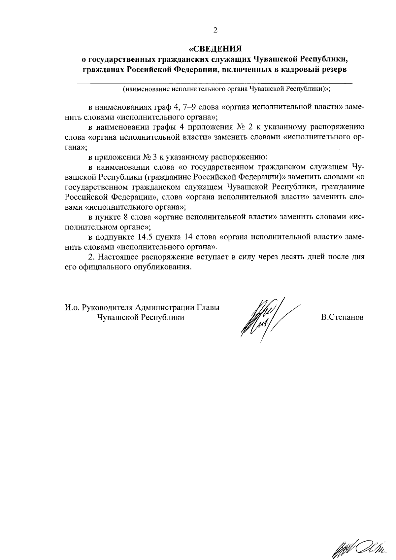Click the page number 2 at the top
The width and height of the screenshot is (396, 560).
(x=215, y=31)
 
